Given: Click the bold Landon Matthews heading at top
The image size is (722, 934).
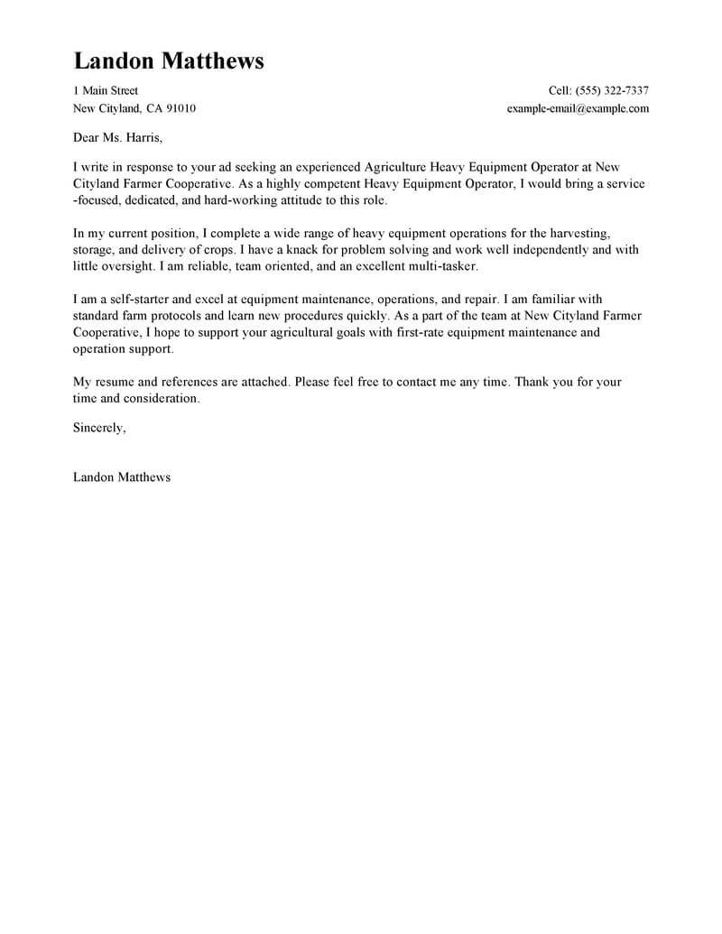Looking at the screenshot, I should (x=168, y=60).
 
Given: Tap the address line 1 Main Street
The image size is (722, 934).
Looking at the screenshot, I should (x=105, y=90).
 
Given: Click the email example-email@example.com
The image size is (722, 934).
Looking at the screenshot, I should (x=578, y=108).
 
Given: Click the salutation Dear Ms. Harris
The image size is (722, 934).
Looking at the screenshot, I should (x=117, y=139).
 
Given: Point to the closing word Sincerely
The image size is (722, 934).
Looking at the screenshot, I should (x=99, y=429).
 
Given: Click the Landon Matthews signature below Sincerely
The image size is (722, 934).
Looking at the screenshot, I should (x=121, y=477).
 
